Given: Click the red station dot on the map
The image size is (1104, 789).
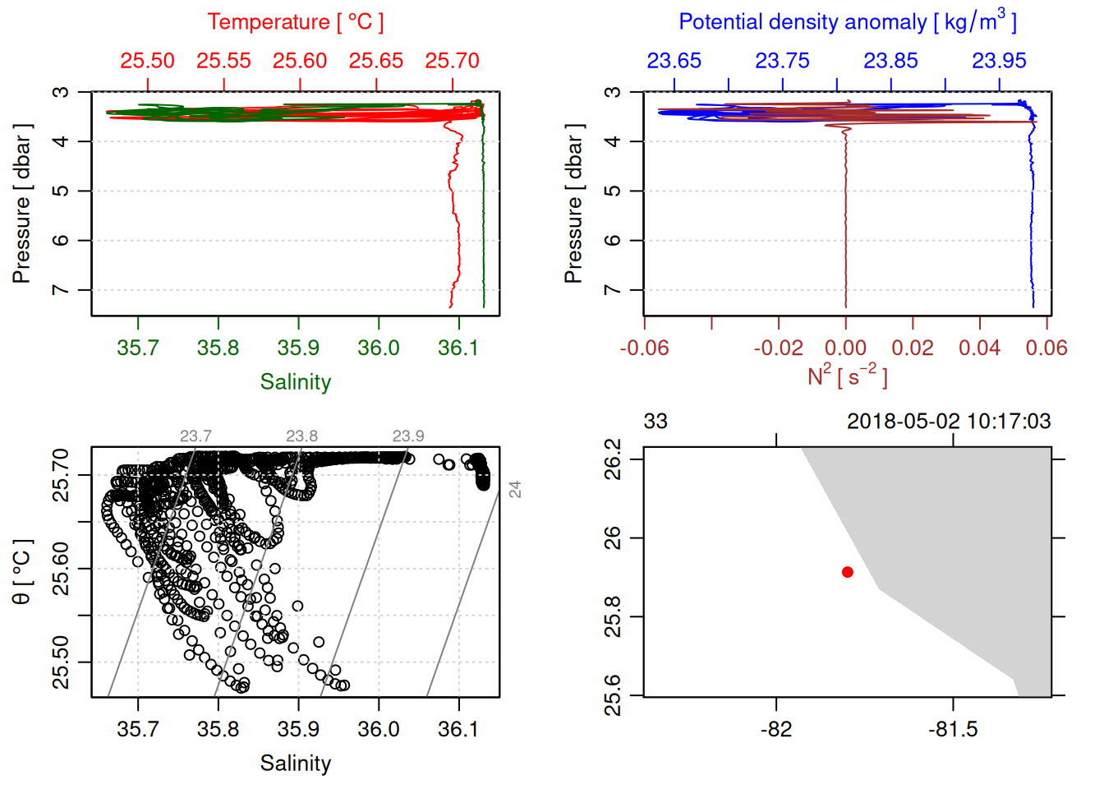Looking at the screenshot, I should pyautogui.click(x=847, y=572).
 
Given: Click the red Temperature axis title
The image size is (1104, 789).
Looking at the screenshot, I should pyautogui.click(x=295, y=22).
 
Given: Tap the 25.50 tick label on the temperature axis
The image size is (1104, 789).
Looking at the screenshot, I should pyautogui.click(x=148, y=61).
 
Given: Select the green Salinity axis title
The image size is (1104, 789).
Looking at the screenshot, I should pyautogui.click(x=295, y=382).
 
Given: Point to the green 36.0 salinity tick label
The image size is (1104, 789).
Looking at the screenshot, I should pyautogui.click(x=379, y=348).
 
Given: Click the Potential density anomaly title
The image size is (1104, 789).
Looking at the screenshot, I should pyautogui.click(x=847, y=22).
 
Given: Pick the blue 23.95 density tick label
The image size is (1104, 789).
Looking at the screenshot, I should pyautogui.click(x=999, y=61).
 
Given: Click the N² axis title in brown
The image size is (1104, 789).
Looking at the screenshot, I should pyautogui.click(x=847, y=376).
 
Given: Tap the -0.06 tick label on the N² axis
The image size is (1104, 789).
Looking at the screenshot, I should pyautogui.click(x=644, y=348).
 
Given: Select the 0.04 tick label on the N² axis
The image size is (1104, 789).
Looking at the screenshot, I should pyautogui.click(x=979, y=348).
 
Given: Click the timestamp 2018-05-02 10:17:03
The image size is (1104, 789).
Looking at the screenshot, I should pyautogui.click(x=949, y=422).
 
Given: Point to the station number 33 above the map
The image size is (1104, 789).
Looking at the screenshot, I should pyautogui.click(x=655, y=422).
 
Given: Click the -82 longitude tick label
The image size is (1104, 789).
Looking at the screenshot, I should pyautogui.click(x=776, y=729).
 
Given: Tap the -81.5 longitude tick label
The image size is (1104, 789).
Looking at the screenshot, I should pyautogui.click(x=953, y=729).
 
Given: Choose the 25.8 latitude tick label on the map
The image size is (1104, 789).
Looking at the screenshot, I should pyautogui.click(x=613, y=616).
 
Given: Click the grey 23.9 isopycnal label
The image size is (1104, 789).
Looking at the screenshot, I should pyautogui.click(x=408, y=436).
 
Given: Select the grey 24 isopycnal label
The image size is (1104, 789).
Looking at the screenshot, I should pyautogui.click(x=515, y=490).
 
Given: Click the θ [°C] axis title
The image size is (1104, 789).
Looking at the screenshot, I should pyautogui.click(x=22, y=572).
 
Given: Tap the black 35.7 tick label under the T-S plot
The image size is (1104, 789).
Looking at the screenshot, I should pyautogui.click(x=138, y=729).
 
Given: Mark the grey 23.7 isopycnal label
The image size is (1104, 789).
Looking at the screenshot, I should pyautogui.click(x=195, y=436).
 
